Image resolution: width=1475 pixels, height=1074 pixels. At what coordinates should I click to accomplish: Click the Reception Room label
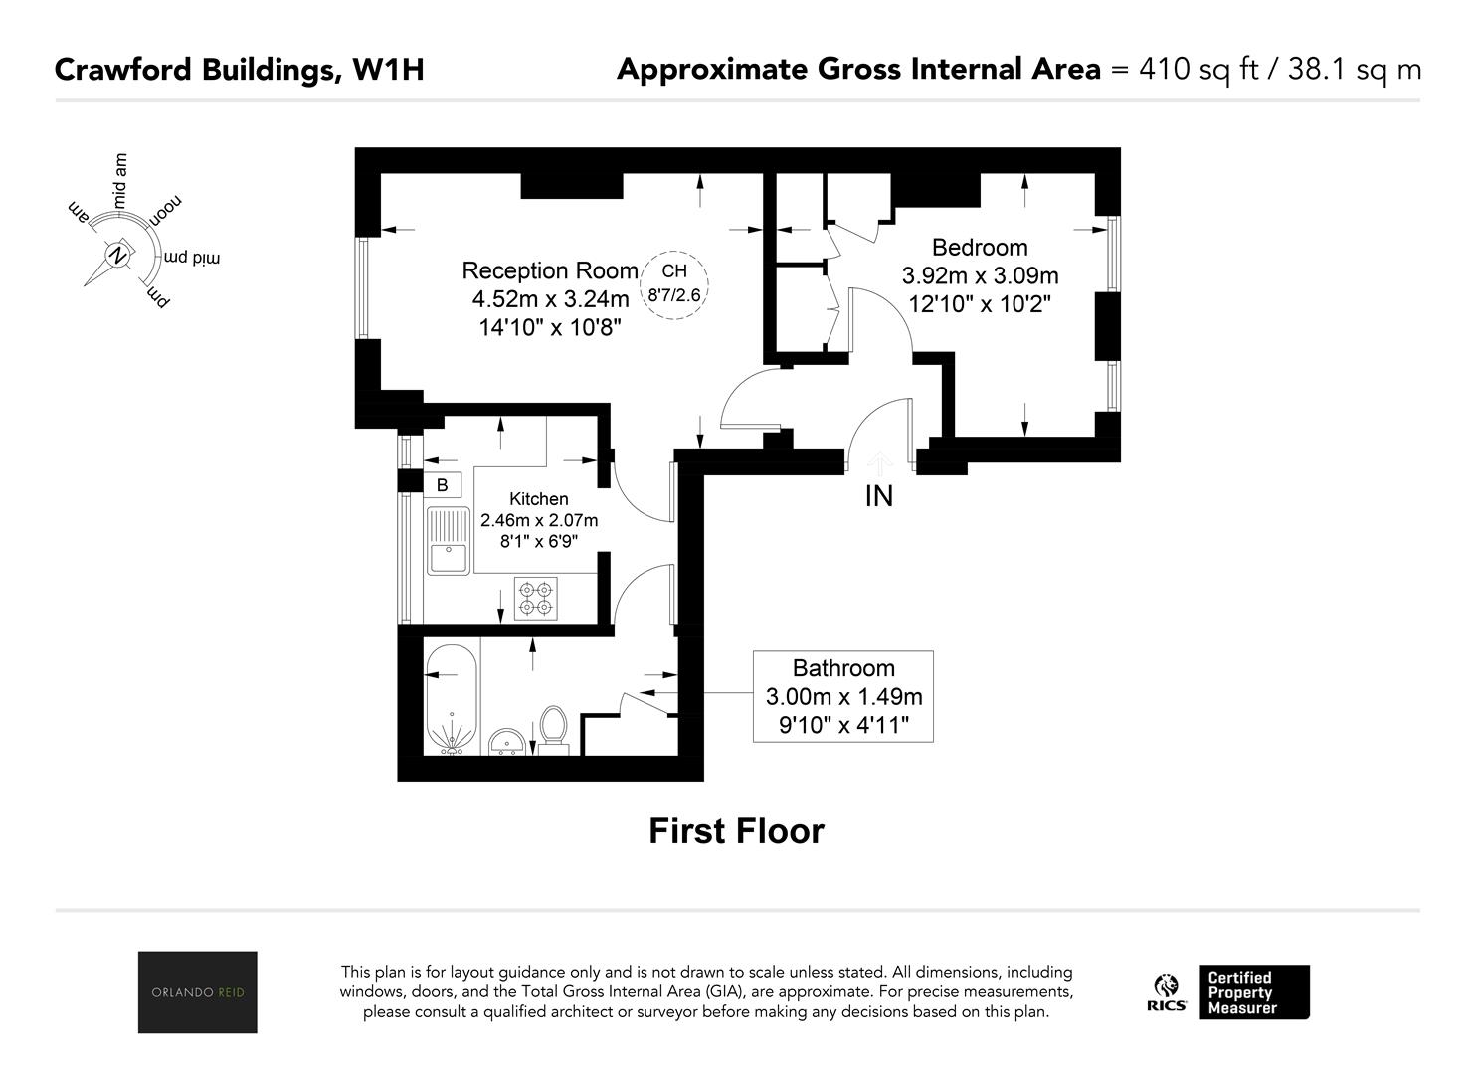(550, 270)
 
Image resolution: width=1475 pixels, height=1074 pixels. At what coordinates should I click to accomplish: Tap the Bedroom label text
(980, 248)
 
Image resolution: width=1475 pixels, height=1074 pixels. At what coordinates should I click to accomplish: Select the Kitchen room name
(539, 499)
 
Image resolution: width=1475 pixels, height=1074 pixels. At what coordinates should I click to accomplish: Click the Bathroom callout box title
(843, 668)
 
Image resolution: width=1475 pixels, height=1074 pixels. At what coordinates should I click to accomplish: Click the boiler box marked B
(442, 485)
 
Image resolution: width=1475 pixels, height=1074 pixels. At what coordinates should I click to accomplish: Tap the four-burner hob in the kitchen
(535, 599)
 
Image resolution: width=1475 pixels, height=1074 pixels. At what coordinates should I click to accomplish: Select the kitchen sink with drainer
(449, 541)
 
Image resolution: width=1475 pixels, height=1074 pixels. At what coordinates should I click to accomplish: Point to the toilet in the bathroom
(553, 730)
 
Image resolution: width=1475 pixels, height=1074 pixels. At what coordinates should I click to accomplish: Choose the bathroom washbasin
(506, 742)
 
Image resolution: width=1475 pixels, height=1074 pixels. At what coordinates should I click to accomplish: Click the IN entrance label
(879, 496)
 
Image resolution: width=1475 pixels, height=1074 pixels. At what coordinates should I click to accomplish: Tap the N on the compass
(118, 255)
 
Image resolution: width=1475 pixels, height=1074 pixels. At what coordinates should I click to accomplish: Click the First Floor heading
(736, 831)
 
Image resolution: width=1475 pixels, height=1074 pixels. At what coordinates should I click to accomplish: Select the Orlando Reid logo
(198, 991)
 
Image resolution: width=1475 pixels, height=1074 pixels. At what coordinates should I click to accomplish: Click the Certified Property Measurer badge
(1254, 992)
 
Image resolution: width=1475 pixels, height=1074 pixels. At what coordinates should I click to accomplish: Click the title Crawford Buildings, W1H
(239, 70)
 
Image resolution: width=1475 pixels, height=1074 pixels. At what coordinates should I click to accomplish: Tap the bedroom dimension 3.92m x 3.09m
(980, 275)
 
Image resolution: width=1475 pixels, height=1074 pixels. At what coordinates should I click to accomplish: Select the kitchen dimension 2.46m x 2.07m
(539, 520)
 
